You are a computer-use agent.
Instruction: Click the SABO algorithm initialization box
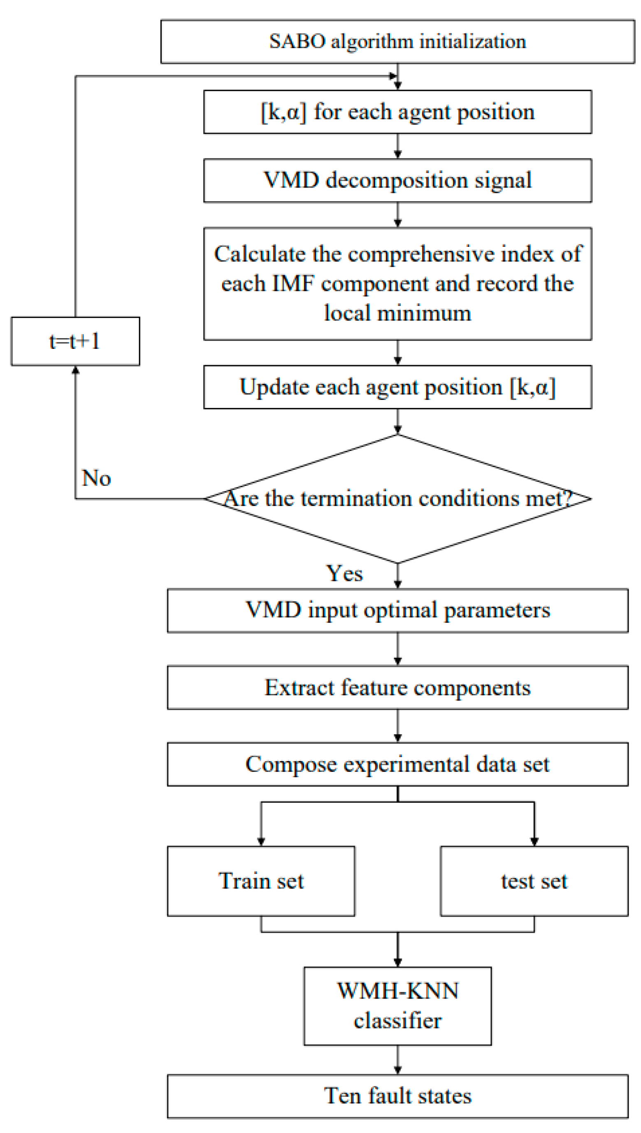[x=397, y=42]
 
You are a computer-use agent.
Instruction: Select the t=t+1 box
[x=75, y=341]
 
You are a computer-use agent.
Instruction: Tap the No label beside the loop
[x=96, y=478]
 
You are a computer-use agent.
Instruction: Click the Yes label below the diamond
[x=344, y=573]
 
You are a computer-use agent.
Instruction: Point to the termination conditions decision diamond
[x=397, y=499]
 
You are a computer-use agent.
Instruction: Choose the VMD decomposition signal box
[x=397, y=181]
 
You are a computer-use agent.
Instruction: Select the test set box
[x=534, y=881]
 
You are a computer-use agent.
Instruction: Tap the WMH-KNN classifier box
[x=397, y=1006]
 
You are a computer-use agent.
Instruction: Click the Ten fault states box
[x=397, y=1096]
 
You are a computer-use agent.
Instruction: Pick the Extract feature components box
[x=397, y=687]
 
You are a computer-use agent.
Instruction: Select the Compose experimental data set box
[x=397, y=764]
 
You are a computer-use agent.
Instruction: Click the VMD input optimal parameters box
[x=397, y=610]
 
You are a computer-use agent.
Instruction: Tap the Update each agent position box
[x=397, y=387]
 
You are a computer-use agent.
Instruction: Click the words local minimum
[x=397, y=313]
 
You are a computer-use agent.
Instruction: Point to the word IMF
[x=293, y=283]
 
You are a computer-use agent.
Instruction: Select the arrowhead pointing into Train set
[x=261, y=841]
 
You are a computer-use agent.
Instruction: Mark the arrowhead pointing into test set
[x=534, y=841]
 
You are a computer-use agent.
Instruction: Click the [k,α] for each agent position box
[x=397, y=112]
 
